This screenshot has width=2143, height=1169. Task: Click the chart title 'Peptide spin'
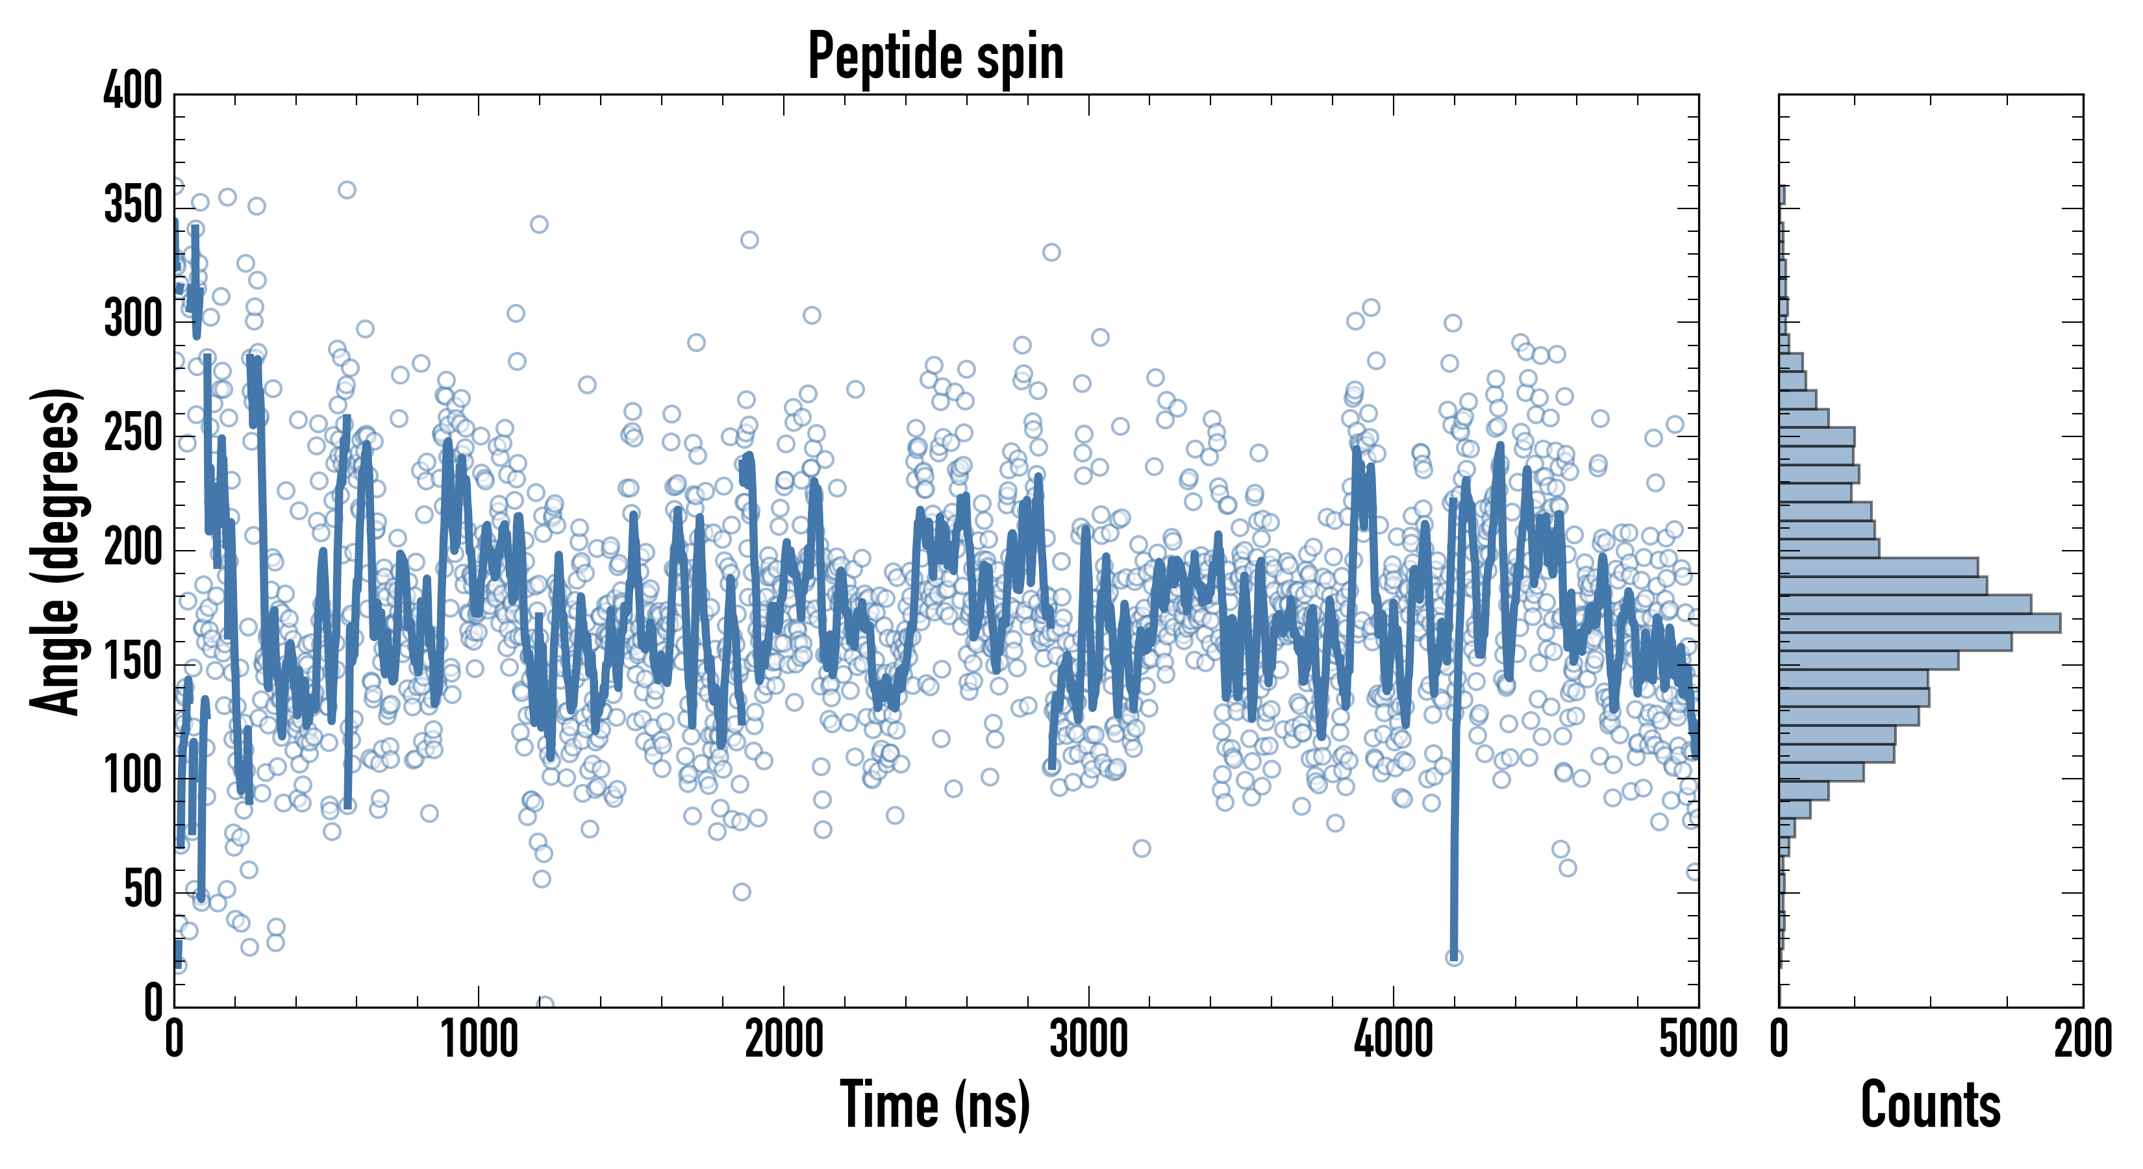point(936,57)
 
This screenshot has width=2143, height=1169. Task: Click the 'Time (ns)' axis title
point(935,1104)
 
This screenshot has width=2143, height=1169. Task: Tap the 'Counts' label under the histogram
point(1930,1104)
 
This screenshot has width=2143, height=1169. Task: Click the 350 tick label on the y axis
point(132,205)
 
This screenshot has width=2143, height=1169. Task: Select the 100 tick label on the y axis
point(132,776)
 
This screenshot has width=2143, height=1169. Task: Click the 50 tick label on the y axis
point(142,890)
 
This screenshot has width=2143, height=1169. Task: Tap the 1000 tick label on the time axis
point(479,1039)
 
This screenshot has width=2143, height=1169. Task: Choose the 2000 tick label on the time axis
point(784,1039)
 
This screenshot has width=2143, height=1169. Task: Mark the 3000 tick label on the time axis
point(1088,1039)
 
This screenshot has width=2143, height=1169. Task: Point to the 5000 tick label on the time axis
point(1697,1039)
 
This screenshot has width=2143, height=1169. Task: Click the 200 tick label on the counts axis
point(2082,1039)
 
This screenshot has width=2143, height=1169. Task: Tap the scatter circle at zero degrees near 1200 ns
point(545,1004)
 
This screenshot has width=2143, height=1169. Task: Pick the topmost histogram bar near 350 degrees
point(1782,195)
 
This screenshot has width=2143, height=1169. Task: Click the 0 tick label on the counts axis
point(1779,1039)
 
